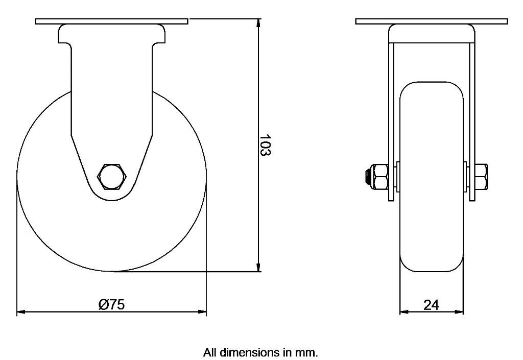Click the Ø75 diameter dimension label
pos(111,304)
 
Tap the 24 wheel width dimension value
pos(431,305)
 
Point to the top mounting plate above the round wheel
pos(112,21)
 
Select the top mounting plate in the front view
pos(432,21)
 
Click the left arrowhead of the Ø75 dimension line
pos(21,311)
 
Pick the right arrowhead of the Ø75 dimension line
pos(203,311)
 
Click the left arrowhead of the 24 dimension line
pos(403,311)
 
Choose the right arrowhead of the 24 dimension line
pos(460,311)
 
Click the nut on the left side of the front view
pos(381,177)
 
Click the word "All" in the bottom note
pos(209,352)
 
